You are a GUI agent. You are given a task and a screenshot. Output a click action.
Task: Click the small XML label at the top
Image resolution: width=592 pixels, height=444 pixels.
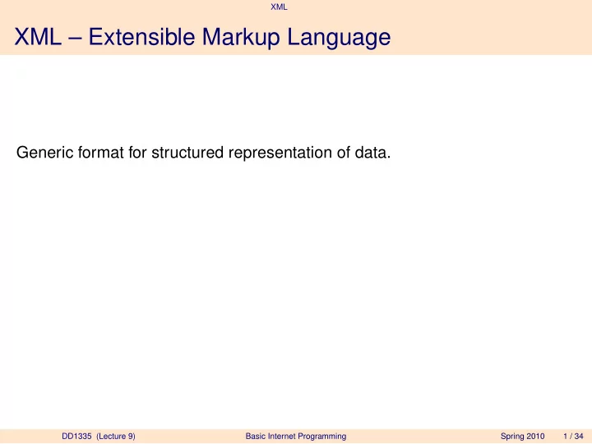tap(279, 7)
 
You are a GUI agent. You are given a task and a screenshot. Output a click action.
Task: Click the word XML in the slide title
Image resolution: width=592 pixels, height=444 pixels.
tap(38, 37)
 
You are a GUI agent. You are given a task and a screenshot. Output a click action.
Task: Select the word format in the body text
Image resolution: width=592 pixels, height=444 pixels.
tap(100, 153)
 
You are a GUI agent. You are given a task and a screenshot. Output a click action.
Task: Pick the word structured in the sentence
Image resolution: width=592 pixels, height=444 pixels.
tap(187, 153)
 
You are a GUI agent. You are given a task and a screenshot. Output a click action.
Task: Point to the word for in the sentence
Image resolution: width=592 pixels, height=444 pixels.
tap(137, 153)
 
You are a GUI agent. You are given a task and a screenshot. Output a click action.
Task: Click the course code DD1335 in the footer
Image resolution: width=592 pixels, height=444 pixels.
tap(76, 436)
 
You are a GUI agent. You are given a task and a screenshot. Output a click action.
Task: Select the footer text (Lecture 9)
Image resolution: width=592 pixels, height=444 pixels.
tap(116, 437)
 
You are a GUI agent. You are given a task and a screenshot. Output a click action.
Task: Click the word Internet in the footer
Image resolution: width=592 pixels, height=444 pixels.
tap(282, 436)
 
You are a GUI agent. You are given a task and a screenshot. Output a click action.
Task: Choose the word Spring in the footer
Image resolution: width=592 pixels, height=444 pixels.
tap(512, 437)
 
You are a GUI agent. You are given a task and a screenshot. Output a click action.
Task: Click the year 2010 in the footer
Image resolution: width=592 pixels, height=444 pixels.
tap(535, 436)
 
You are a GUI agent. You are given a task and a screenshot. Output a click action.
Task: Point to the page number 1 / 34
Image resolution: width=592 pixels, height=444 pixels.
tap(573, 436)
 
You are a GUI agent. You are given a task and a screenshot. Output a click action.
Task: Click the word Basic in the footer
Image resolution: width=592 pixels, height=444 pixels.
tap(256, 436)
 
